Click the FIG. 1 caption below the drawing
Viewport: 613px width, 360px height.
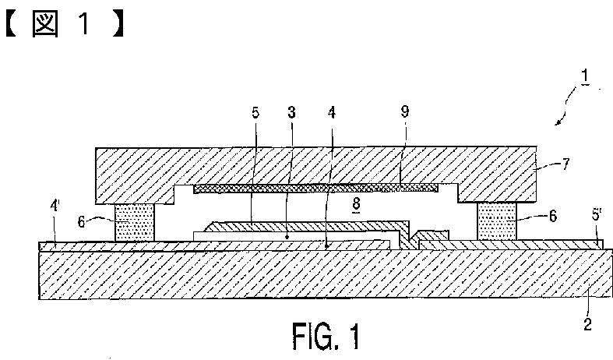[x=326, y=336]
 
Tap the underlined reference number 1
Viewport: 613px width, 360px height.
[x=585, y=76]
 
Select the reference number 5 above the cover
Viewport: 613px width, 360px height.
[x=255, y=113]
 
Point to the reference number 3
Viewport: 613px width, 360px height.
[x=291, y=113]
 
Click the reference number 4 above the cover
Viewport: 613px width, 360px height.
[x=332, y=113]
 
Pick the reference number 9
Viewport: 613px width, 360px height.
[x=405, y=111]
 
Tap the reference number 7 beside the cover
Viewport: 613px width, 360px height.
[x=565, y=164]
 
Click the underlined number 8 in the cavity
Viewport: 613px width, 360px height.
[x=356, y=204]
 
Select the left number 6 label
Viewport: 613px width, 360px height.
[x=81, y=222]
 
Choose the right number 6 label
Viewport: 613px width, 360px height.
[x=553, y=216]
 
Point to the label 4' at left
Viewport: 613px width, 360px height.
[x=55, y=206]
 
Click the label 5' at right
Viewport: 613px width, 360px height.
[x=596, y=215]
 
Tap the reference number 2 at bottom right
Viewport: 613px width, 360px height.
[x=587, y=324]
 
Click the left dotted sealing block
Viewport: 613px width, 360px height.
[x=135, y=222]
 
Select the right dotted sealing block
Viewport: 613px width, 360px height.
[x=496, y=221]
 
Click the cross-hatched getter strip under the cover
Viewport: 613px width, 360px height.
[x=315, y=189]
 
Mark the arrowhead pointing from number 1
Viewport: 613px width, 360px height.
[x=558, y=123]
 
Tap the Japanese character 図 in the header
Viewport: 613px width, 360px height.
[x=45, y=24]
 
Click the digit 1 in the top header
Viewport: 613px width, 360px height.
[x=84, y=24]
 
